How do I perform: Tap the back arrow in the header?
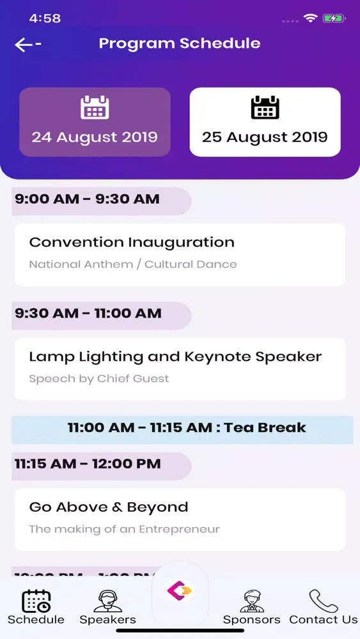tap(27, 44)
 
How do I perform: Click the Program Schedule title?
tap(180, 43)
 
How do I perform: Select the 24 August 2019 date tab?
tap(95, 122)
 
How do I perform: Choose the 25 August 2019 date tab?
tap(265, 122)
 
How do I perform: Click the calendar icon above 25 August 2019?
tap(265, 107)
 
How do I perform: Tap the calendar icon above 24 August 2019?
tap(95, 107)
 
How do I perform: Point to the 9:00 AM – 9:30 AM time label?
tap(88, 199)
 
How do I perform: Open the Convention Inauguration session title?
tap(132, 243)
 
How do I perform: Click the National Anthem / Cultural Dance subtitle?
tap(133, 265)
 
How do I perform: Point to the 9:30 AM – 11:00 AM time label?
tap(88, 314)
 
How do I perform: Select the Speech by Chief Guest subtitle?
tap(99, 379)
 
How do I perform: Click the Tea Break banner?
tap(187, 428)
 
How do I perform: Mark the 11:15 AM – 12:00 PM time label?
tap(88, 464)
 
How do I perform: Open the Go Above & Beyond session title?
tap(109, 507)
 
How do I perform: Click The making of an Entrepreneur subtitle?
tap(125, 529)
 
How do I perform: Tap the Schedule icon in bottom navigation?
tap(36, 601)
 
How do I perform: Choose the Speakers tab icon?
tap(107, 601)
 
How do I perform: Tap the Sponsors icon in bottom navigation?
tap(252, 601)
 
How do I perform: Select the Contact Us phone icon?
tap(324, 601)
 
